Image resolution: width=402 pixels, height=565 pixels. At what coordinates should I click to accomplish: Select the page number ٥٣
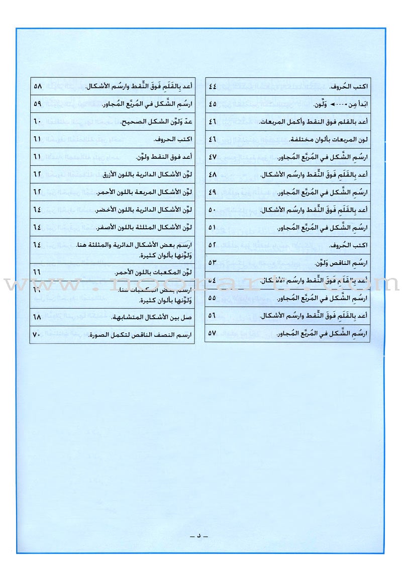212,262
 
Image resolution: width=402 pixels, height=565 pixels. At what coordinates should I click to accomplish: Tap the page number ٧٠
37,335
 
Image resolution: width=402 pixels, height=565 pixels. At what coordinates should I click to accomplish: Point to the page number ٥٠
212,210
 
